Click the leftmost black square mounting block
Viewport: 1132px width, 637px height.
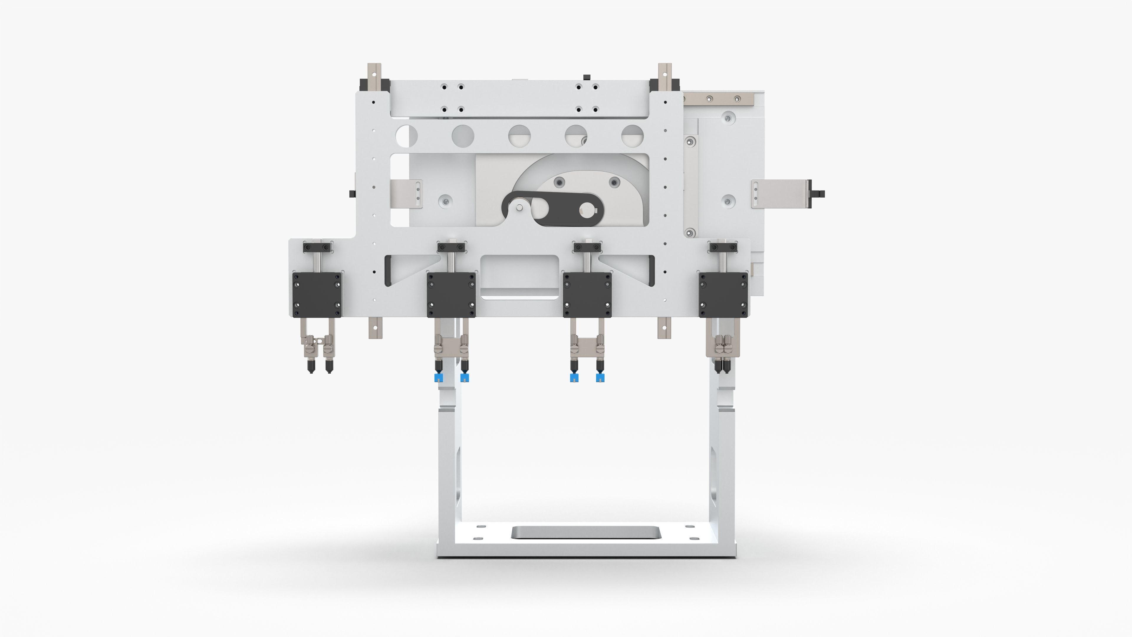coord(317,295)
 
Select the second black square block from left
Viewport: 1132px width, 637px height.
coord(451,295)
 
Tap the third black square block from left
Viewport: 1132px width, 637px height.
coord(587,295)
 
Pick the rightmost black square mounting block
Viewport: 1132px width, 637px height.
coord(723,295)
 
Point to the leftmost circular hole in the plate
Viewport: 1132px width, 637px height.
coord(407,136)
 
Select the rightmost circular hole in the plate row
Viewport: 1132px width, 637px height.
coord(632,136)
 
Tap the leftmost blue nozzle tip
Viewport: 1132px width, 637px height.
coord(438,377)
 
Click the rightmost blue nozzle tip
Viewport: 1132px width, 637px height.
coord(600,377)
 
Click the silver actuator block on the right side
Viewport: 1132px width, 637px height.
coord(780,194)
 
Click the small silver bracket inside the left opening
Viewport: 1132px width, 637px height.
coord(407,194)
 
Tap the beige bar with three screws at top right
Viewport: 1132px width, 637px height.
coord(718,99)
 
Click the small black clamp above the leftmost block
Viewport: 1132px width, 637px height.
coord(317,247)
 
